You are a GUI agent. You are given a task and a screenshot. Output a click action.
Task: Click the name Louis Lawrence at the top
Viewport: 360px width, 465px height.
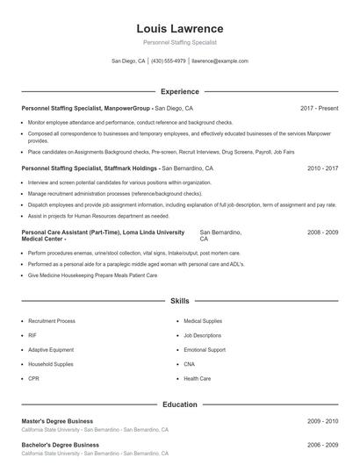(x=180, y=28)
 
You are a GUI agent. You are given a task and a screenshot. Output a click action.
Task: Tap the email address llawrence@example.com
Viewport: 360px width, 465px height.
(x=220, y=61)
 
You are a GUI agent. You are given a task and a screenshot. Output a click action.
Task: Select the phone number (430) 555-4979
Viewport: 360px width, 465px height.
(x=169, y=61)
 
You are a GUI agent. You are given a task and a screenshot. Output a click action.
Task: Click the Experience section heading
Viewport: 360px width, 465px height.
(x=180, y=91)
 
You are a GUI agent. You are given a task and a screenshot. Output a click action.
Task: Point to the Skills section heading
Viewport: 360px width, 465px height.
(x=180, y=301)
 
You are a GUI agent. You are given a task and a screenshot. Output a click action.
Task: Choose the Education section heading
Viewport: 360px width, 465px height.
(x=180, y=404)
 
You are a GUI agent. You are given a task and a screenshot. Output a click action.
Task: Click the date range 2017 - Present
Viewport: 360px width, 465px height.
(x=319, y=108)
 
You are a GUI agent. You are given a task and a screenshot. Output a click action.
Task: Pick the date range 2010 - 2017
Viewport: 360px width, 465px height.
(x=322, y=167)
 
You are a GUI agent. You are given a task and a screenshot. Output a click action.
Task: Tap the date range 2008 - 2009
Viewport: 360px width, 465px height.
(x=322, y=232)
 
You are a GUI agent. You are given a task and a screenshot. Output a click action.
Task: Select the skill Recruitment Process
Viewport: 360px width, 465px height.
(x=52, y=321)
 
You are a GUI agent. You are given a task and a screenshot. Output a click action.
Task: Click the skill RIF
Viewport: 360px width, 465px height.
(x=32, y=335)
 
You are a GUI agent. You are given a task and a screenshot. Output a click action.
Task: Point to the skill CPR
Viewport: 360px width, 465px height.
(x=33, y=378)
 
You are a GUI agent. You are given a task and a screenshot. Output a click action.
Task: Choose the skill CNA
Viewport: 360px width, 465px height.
(x=189, y=364)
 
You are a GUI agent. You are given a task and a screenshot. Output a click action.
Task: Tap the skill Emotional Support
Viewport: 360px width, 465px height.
(x=205, y=349)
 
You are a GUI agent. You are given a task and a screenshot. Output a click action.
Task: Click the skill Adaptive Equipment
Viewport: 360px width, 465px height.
(x=51, y=349)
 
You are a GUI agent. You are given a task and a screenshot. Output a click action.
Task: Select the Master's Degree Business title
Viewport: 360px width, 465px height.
(x=57, y=421)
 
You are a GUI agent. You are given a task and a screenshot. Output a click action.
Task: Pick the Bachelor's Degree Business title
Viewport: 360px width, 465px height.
(x=59, y=445)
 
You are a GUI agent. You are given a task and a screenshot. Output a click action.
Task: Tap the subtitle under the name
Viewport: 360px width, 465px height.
(x=180, y=42)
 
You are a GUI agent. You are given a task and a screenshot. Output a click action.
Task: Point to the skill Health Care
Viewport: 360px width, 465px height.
(x=197, y=378)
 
